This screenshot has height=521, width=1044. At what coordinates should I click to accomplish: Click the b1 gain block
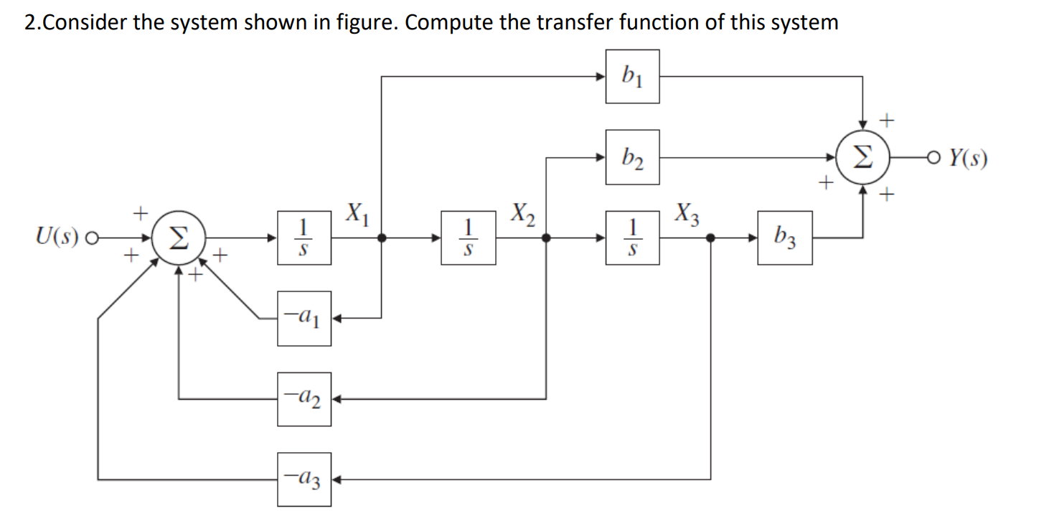tap(632, 76)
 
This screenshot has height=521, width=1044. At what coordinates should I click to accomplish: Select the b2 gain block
tap(632, 157)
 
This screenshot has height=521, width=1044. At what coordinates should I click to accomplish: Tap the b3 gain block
tap(785, 238)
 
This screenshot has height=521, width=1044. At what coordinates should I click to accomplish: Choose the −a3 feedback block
tap(305, 479)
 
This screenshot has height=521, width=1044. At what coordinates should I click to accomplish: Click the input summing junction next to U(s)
tap(179, 238)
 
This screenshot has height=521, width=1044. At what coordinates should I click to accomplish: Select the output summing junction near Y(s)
tap(863, 157)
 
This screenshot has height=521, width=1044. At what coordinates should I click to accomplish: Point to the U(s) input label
tap(59, 238)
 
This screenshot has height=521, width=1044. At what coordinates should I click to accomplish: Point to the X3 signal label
tap(686, 215)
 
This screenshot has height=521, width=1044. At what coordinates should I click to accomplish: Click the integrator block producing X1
tap(305, 238)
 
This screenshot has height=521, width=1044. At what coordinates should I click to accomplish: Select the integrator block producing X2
tap(469, 238)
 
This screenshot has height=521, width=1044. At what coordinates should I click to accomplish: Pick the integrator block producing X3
tap(632, 238)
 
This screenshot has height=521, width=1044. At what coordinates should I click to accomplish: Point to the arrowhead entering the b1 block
tap(601, 76)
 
